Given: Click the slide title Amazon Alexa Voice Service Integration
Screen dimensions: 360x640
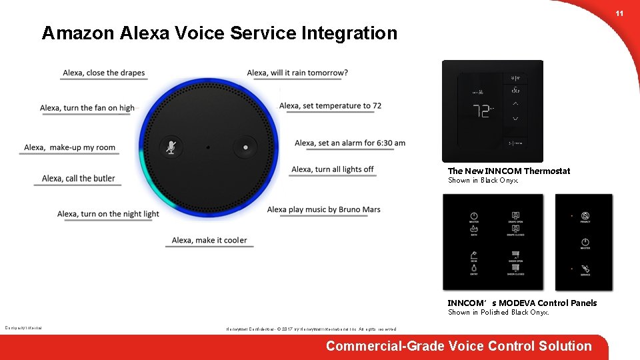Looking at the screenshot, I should coord(219,33).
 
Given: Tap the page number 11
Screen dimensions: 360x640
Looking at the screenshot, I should coord(619,14).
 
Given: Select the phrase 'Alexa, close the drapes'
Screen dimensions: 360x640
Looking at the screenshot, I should coord(103,73).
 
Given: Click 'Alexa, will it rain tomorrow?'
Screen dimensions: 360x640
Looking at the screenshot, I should coord(297,73).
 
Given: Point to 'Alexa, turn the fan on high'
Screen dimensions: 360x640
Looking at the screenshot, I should coord(87,108).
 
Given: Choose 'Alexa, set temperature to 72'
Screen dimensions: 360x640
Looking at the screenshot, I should coord(330,105).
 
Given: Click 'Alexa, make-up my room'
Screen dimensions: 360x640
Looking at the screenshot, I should coord(69,147).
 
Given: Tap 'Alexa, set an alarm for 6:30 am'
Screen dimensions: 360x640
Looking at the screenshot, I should coord(349,143).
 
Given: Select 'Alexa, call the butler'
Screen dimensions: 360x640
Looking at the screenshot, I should coord(78,178).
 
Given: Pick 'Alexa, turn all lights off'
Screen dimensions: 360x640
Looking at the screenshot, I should coord(332,169).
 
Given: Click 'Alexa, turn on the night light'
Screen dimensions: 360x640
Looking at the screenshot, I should coord(108,214).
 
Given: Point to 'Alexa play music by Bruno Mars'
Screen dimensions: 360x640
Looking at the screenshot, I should coord(323,209).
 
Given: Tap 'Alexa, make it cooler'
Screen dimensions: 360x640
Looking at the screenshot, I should coord(209,240).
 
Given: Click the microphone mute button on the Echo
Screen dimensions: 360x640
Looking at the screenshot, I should coord(171,147).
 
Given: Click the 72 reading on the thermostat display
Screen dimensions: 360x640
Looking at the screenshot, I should coord(481,111).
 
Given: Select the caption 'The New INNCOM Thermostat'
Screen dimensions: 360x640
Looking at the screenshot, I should coord(509,171).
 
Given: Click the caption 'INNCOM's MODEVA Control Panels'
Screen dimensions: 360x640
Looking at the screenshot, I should coord(522,303).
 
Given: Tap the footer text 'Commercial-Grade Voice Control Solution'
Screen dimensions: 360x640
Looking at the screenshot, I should coord(459,346).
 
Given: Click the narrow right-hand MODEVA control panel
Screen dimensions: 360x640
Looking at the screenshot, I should coord(583,242).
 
